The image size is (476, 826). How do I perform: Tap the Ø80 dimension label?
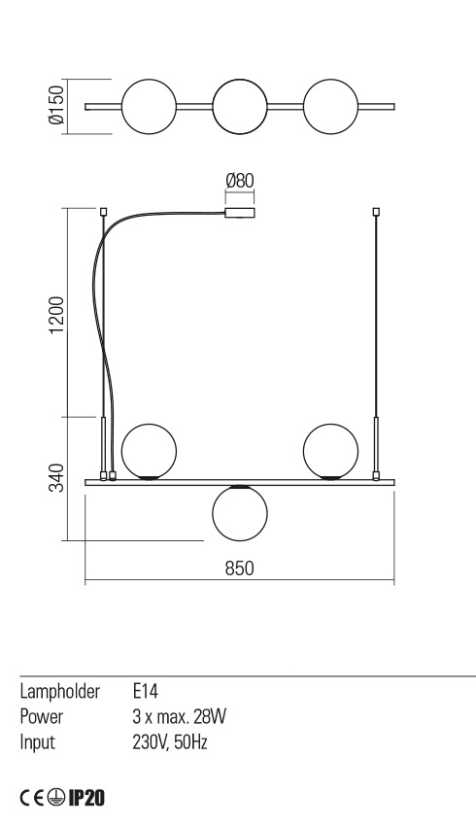pos(239,181)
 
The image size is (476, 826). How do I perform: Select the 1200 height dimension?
pos(56,313)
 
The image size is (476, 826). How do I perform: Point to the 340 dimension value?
pos(56,478)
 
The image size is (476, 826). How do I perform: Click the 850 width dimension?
pos(239,569)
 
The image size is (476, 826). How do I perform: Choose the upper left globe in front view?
pos(149,450)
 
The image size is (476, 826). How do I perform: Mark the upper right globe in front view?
pos(331,450)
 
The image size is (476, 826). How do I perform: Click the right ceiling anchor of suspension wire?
pos(376,211)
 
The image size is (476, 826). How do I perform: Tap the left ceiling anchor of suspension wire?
pos(103,211)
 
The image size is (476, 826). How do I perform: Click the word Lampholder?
pos(59,692)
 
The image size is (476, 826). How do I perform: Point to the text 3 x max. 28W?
pos(179,717)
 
